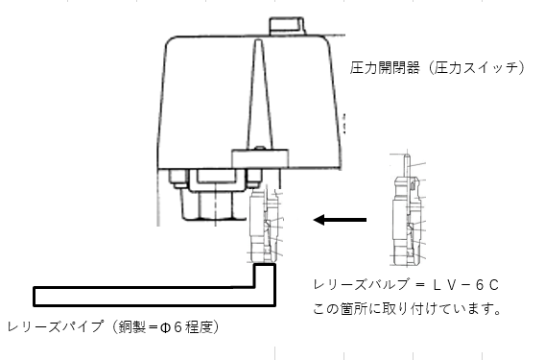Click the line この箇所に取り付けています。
(x=408, y=310)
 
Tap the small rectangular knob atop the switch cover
(x=287, y=23)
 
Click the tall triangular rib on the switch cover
(x=259, y=96)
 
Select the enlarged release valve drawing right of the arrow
(x=407, y=216)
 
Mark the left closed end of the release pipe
(x=36, y=293)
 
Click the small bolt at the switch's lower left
(x=178, y=177)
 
